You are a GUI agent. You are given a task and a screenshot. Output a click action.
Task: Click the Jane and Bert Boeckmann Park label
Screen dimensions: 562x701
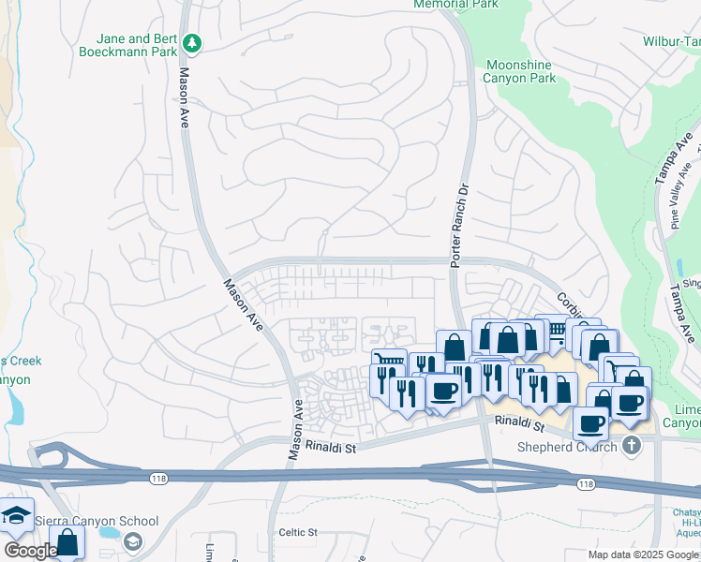click(137, 46)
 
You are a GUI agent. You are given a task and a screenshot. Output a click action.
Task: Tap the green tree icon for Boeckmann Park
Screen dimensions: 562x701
click(192, 43)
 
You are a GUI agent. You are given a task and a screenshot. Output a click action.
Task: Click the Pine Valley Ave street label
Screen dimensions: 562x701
click(681, 198)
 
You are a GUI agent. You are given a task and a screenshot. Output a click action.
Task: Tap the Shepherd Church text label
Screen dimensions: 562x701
click(568, 446)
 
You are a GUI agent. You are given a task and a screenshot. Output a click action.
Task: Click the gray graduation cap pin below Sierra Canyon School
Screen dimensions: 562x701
click(133, 541)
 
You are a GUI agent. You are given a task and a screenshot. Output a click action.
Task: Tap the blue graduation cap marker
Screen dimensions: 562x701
click(16, 516)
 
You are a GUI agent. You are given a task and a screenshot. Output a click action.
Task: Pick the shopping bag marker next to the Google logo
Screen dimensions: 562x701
click(67, 541)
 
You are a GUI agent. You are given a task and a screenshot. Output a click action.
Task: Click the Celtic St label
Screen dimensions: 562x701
click(298, 532)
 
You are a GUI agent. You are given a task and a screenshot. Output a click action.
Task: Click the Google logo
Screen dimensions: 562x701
click(30, 551)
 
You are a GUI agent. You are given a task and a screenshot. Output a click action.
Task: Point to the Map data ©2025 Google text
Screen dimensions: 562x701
click(643, 555)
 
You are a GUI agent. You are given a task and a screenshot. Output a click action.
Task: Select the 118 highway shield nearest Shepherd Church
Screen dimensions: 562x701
click(586, 483)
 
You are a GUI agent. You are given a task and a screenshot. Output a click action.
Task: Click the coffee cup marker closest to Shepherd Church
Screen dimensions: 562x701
click(590, 423)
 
